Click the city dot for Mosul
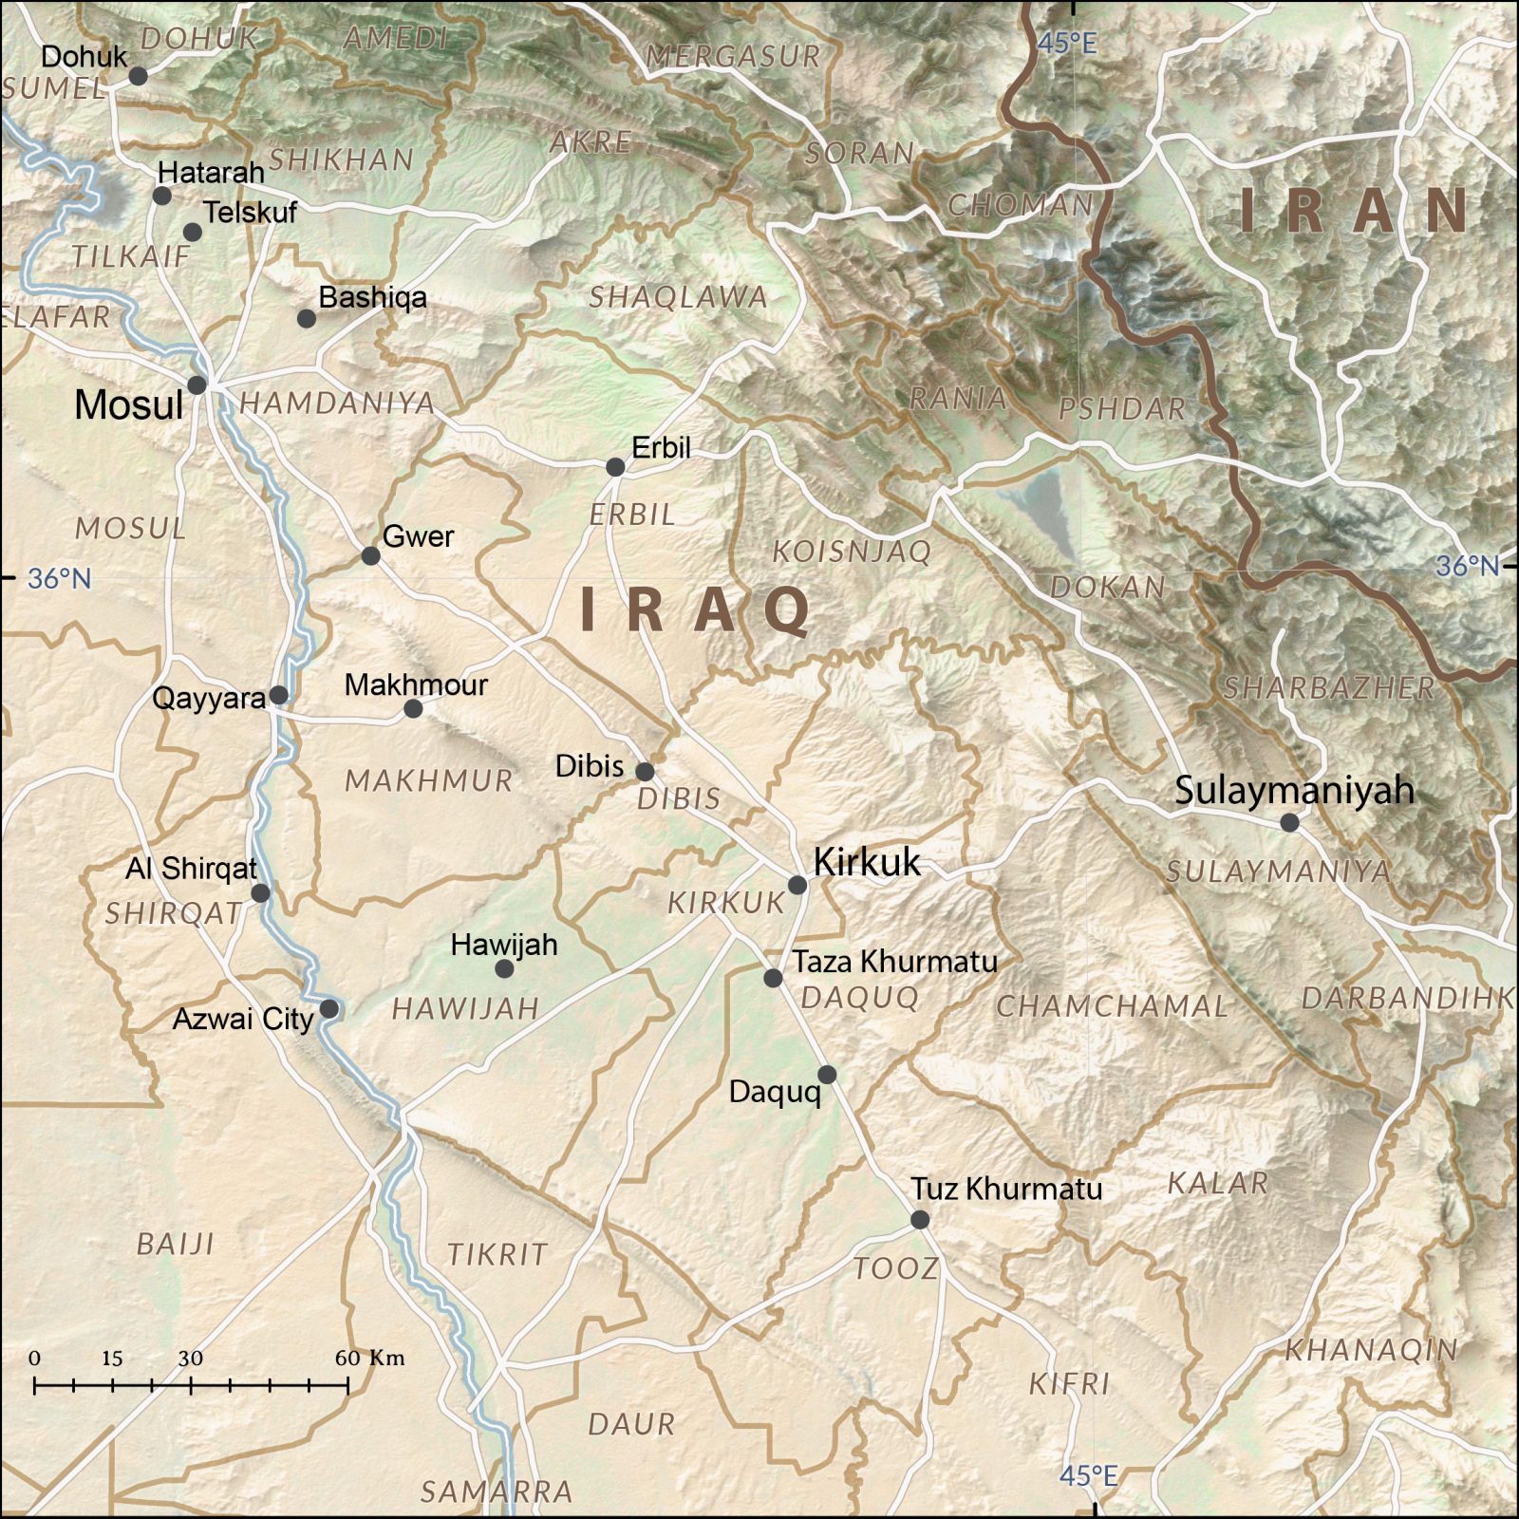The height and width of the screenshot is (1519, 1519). pos(197,384)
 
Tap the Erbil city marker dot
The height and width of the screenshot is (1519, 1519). pos(615,467)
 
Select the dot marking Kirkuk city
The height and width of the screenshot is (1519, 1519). pos(797,885)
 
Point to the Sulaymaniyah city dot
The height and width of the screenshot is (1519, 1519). pos(1289,822)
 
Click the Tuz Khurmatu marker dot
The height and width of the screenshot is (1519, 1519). pos(920,1219)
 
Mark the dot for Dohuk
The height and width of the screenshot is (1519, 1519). pos(138,76)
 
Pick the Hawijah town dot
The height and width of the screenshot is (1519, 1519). pos(504,968)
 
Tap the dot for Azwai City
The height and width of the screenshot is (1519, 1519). pos(328,1008)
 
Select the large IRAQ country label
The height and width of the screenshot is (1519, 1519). pos(696,609)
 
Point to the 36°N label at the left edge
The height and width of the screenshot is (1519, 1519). pos(59,577)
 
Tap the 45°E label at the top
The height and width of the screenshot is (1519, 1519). pos(1066,43)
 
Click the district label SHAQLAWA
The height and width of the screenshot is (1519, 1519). pos(678,297)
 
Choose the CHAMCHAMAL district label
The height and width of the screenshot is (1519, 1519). pos(1112,1005)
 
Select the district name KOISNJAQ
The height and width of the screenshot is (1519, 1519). pos(851,551)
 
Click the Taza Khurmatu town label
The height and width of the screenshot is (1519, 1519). pos(895,962)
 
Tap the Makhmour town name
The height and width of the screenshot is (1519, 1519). pos(416,684)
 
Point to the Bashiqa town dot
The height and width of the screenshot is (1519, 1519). pos(306,319)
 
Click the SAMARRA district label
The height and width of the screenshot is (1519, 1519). pos(497,1491)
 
